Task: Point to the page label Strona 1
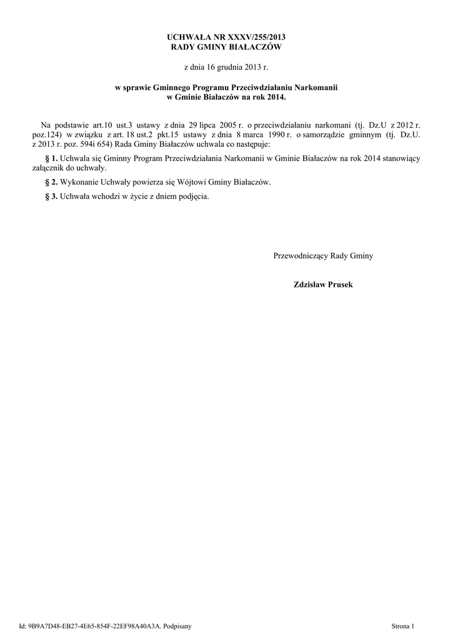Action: coord(402,626)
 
